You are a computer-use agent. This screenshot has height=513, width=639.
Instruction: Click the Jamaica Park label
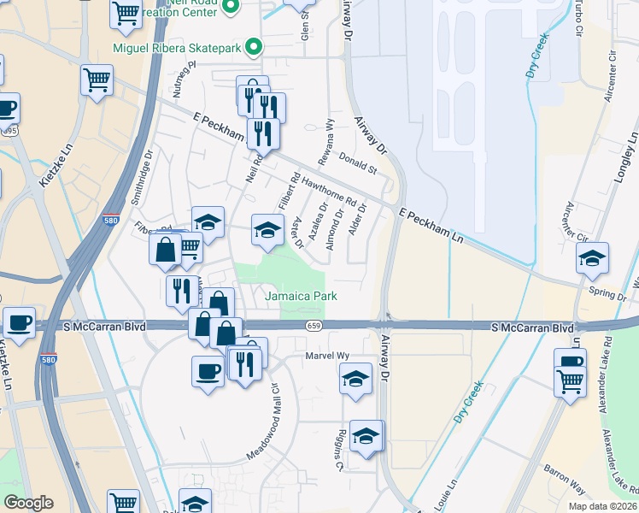[x=301, y=296]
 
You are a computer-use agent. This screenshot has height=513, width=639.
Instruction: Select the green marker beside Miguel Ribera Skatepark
[x=254, y=48]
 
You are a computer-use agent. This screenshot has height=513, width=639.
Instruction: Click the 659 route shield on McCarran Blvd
[x=314, y=326]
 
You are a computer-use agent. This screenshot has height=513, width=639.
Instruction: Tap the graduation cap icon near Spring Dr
[x=591, y=257]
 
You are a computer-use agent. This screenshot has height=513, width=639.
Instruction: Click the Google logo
[x=28, y=503]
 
